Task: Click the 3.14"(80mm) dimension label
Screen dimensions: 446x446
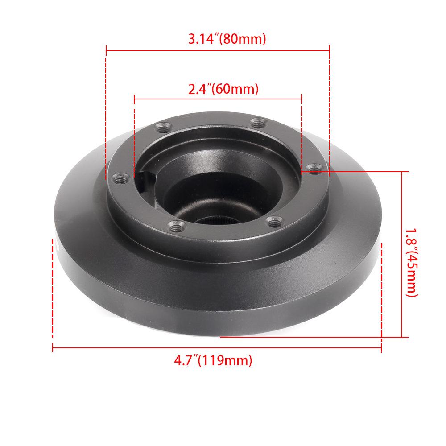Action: coord(227,39)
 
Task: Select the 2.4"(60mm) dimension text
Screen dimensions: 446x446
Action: coord(223,89)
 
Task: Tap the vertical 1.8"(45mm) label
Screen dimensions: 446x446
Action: coord(411,263)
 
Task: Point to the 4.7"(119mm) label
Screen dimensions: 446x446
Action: coord(213,359)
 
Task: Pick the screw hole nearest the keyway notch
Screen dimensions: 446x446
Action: coord(120,178)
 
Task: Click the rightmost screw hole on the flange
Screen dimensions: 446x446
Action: coord(315,169)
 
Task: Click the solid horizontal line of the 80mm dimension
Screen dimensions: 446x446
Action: coord(218,50)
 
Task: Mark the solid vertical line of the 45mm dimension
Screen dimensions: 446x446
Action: coord(402,254)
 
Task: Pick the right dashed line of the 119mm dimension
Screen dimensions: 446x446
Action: coord(382,290)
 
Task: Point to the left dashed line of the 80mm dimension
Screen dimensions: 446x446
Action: coord(106,111)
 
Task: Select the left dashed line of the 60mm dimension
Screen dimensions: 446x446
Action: coord(134,134)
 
